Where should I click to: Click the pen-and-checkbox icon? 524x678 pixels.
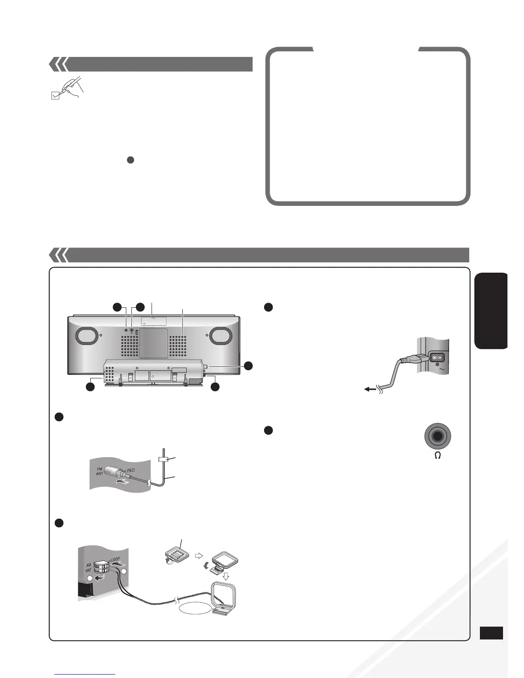(67, 88)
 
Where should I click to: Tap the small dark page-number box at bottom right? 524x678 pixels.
(491, 633)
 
